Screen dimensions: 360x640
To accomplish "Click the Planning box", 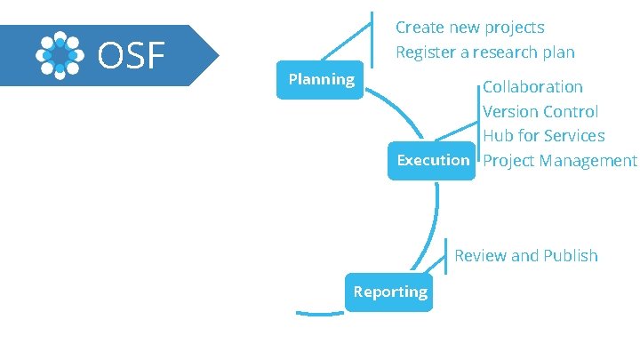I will (321, 80).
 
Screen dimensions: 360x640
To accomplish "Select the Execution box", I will (433, 160).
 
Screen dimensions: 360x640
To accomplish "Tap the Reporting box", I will (389, 292).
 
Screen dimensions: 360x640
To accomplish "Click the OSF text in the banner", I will (132, 56).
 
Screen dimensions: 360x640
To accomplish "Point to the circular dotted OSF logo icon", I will (60, 56).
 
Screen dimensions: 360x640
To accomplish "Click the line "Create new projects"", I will (469, 28).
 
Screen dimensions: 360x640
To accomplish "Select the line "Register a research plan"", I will (484, 52).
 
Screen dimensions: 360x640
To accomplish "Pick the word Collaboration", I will (532, 87).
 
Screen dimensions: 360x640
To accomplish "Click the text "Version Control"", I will (540, 112).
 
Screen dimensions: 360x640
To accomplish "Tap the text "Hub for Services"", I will (543, 136).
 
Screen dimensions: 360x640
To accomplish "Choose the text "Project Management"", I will (559, 161).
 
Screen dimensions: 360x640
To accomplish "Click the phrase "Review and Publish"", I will (525, 256).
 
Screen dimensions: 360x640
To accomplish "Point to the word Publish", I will (570, 256).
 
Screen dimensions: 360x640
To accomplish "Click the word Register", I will (423, 52).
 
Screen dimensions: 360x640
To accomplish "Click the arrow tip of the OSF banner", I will (216, 55).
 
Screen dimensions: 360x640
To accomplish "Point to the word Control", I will (571, 112).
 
